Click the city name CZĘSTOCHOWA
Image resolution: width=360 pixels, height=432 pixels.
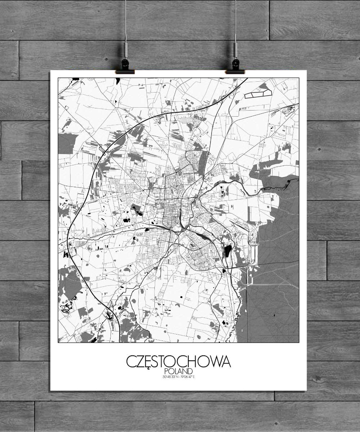tap(178, 361)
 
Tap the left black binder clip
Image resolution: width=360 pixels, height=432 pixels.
tap(125, 67)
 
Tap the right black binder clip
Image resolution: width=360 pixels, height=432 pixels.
tap(235, 67)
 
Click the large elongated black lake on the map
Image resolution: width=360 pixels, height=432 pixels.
tap(228, 251)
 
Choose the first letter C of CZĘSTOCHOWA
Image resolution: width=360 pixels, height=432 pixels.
tap(131, 361)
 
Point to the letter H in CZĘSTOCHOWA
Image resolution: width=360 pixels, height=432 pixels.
tap(193, 361)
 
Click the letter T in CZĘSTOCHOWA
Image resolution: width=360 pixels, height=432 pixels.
tap(167, 361)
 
